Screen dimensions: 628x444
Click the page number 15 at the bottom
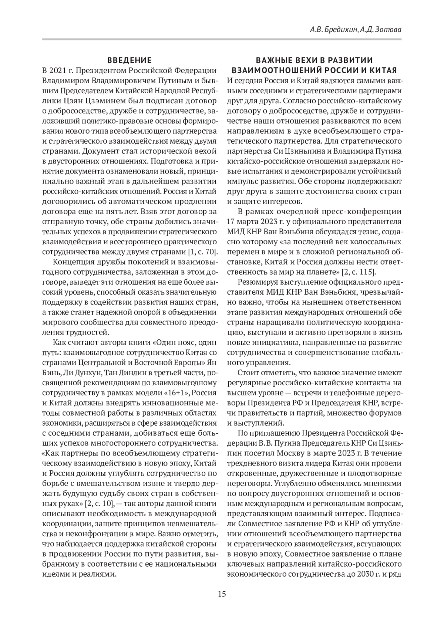(222, 594)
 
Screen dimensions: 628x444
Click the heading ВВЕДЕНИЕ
(129, 60)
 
